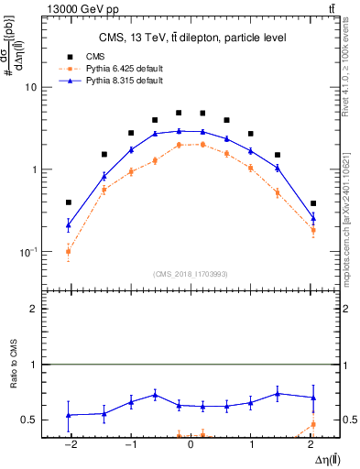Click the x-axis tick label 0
click(191, 444)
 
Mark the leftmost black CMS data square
click(69, 202)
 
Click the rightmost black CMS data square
click(313, 203)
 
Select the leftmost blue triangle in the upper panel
click(69, 224)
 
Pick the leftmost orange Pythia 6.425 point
click(69, 251)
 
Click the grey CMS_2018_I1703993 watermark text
click(191, 273)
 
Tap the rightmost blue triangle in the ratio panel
click(313, 398)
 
